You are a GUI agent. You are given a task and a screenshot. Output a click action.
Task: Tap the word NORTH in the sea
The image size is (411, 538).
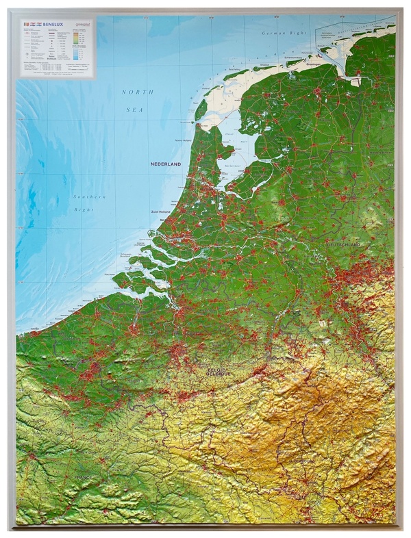point(135,92)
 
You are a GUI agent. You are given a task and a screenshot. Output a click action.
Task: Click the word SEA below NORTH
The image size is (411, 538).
point(135,107)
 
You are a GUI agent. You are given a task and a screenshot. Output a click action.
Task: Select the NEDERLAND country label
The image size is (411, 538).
point(166,165)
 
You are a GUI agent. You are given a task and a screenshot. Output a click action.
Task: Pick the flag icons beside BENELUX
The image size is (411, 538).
point(29,24)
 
